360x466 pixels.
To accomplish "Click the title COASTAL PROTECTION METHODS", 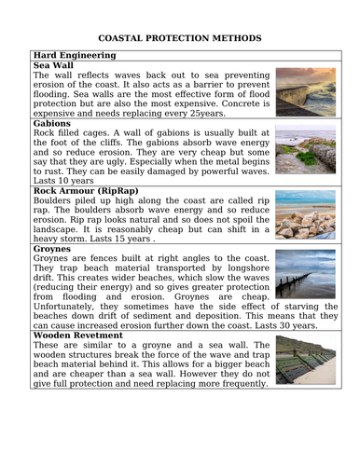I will click(180, 38).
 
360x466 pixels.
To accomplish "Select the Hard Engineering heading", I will click(74, 56).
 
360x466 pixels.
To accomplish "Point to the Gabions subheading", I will click(52, 123).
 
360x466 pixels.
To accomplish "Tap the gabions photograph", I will click(299, 152).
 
